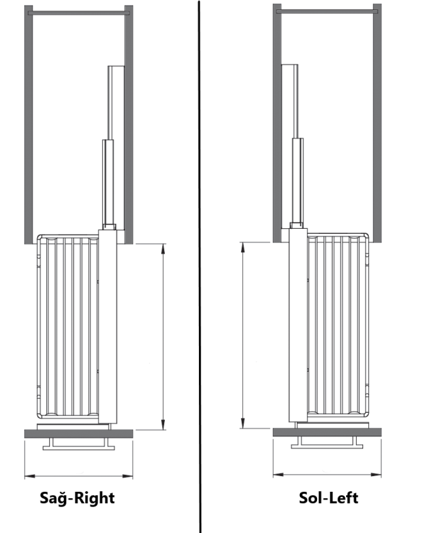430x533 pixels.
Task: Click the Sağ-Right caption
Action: pyautogui.click(x=77, y=497)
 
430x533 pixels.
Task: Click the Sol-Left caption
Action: pyautogui.click(x=328, y=497)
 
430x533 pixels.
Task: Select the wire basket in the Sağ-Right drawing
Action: pyautogui.click(x=68, y=327)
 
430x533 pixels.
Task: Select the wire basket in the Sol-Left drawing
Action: pyautogui.click(x=338, y=327)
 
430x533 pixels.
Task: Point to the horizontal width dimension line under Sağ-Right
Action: pyautogui.click(x=78, y=475)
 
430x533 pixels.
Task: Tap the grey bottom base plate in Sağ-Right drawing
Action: pyautogui.click(x=78, y=433)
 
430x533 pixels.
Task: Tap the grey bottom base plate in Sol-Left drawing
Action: pyautogui.click(x=327, y=432)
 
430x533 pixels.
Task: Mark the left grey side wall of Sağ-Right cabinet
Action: pyautogui.click(x=28, y=121)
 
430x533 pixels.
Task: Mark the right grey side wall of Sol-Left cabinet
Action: pyautogui.click(x=377, y=121)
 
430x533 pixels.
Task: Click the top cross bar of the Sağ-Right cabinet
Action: pyautogui.click(x=78, y=12)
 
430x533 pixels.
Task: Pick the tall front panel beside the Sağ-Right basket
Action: pyautogui.click(x=107, y=327)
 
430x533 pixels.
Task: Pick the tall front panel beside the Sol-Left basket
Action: pyautogui.click(x=298, y=327)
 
